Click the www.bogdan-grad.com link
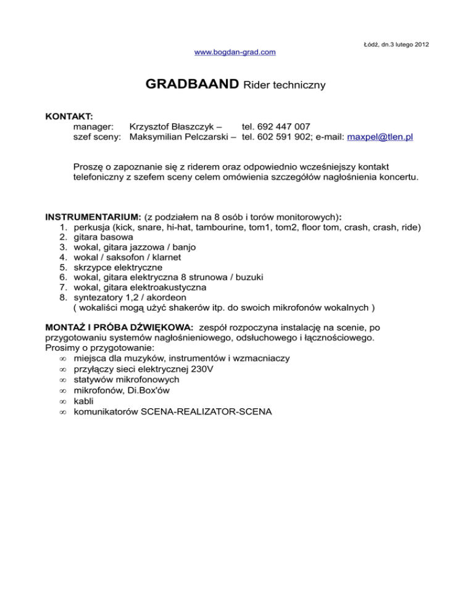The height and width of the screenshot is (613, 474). coord(235,52)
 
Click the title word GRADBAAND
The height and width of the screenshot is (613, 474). coord(193,84)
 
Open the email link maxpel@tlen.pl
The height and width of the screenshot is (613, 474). coord(380,137)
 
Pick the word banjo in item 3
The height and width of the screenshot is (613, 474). coord(183,247)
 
